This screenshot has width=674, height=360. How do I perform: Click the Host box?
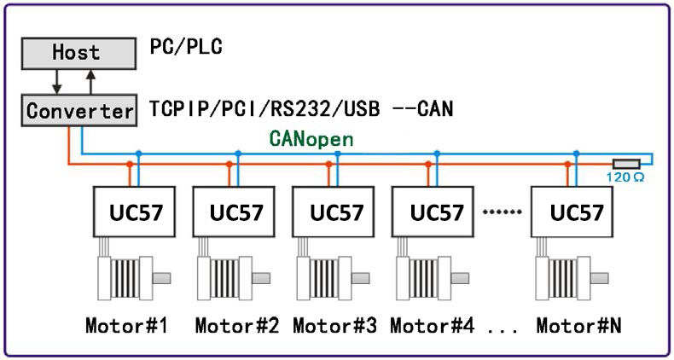(x=76, y=51)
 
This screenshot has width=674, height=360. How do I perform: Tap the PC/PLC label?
(x=186, y=47)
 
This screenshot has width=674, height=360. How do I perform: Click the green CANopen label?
(x=311, y=137)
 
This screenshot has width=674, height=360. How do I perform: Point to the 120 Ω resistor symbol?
(x=627, y=163)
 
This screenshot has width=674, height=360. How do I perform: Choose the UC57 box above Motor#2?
(x=231, y=212)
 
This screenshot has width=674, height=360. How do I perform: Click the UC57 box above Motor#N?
(x=570, y=212)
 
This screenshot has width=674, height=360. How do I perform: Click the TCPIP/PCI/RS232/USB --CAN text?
(x=300, y=109)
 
